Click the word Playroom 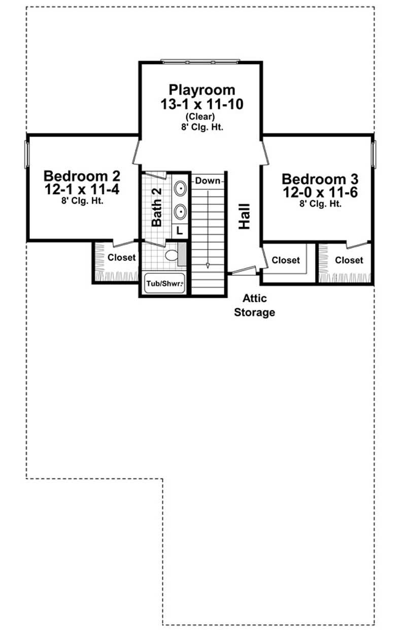[202, 90]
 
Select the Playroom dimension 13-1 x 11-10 [202, 104]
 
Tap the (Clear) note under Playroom [202, 117]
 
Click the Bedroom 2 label [82, 176]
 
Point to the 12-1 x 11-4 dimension [82, 189]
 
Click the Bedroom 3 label [320, 179]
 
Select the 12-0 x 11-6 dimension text [320, 192]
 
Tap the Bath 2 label [156, 206]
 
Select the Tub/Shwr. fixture [164, 284]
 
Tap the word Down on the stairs [207, 181]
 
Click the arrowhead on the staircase [208, 265]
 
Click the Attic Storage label [254, 305]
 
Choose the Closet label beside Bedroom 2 [121, 258]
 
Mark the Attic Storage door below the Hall [243, 271]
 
